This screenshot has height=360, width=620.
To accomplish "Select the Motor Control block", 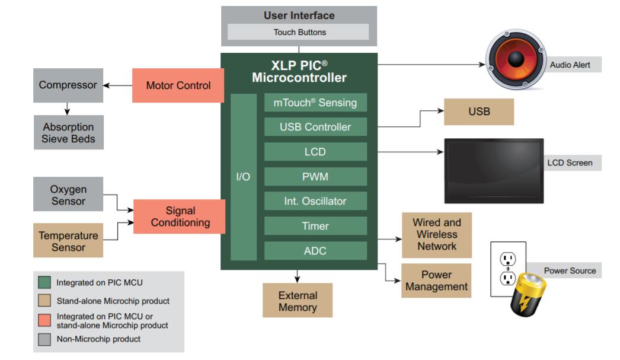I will coord(178,85).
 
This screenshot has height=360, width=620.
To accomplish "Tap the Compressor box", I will coord(68,85).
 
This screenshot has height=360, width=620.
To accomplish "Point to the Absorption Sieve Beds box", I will coord(68,133).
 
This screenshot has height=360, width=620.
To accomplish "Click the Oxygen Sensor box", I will coord(68,195).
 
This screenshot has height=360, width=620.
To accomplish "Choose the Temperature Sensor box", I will coord(68,241).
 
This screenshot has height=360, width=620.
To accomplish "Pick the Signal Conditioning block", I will coord(180,216).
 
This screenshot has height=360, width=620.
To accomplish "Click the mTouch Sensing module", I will coord(315,103).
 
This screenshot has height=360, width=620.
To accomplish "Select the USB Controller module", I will coord(315,127).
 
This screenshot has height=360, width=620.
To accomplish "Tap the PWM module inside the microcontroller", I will coord(315,177).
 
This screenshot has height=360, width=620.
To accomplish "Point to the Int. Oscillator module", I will coord(315,201).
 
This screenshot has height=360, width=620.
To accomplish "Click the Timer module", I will coord(315,226).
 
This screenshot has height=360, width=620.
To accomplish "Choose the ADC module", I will coord(315,251).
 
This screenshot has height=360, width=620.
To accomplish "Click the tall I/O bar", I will coord(243,177).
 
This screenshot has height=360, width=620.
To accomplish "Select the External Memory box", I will coord(298,301).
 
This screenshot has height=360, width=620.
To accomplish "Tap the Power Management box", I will coord(437,281).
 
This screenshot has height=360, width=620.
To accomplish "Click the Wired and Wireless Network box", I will coord(437,235).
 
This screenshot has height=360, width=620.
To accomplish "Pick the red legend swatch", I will coord(44,320).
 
